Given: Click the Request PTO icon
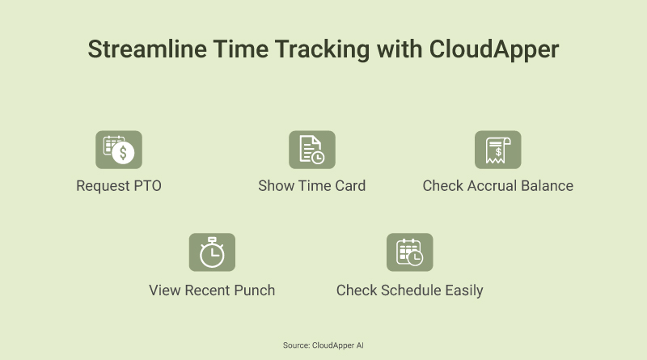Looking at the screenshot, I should pos(119,150).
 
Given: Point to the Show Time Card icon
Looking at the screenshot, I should pos(311,150).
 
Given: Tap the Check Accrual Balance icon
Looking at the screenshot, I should pos(497,150).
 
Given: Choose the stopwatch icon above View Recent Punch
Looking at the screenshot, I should pos(212,252).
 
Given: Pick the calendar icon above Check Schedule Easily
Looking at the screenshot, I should pos(409,252).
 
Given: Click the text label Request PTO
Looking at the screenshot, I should pos(119,186).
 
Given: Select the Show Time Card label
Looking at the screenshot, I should pos(311,186).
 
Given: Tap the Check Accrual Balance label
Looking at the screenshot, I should pos(497,186).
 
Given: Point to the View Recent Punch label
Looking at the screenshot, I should pos(212,290).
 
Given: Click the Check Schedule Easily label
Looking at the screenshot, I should pos(409,290).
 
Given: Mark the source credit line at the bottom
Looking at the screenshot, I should pos(323,345).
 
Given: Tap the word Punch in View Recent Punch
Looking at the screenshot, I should pos(255,290).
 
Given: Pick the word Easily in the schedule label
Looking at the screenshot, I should pos(463,290).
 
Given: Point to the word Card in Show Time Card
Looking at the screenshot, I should pos(349,186).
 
